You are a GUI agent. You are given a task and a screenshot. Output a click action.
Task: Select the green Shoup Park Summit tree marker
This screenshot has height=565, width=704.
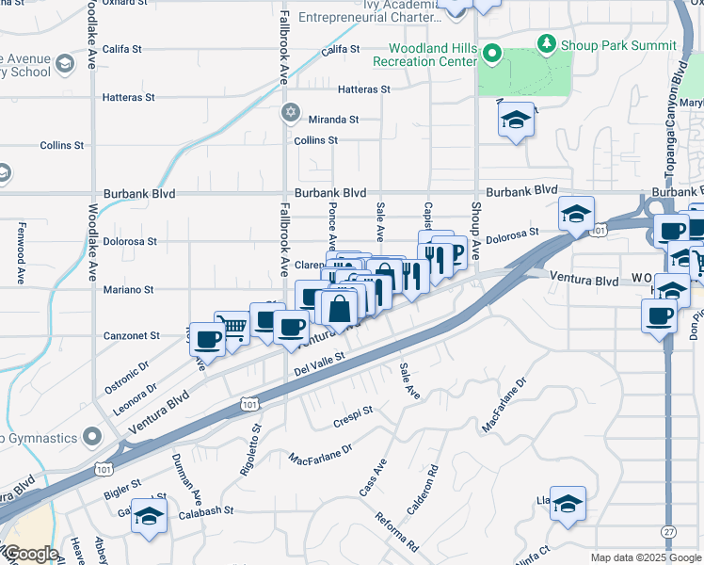tap(545, 43)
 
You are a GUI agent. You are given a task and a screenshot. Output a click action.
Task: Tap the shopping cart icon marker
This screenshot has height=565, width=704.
tap(232, 328)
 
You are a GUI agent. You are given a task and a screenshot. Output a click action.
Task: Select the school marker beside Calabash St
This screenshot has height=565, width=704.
tap(149, 516)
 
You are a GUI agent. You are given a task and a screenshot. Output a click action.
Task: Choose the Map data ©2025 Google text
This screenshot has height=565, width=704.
tap(647, 557)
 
